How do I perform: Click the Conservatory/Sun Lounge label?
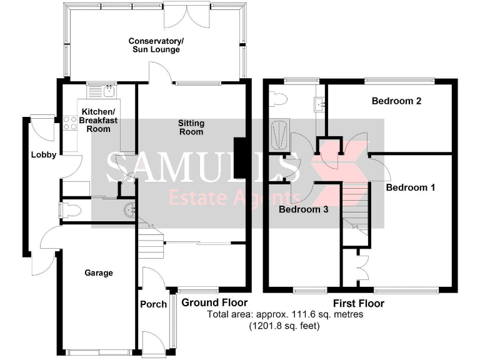pos(156,46)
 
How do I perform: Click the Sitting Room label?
pos(191,127)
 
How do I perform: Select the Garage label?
pos(99,273)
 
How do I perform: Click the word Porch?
pos(153,304)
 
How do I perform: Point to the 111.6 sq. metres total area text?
pos(284,314)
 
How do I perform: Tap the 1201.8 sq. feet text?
pos(284,326)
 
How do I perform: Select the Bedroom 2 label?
pos(396,101)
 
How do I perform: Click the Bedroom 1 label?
pos(411,187)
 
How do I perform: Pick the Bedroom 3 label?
pos(304,209)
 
